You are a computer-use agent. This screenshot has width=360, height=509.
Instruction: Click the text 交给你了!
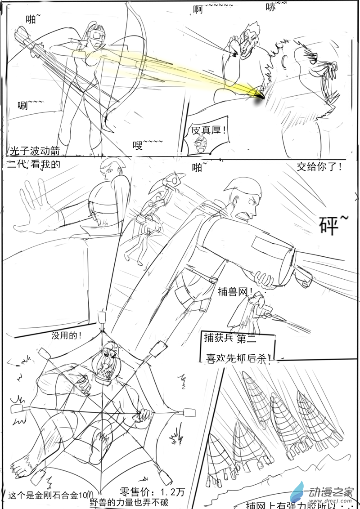coord(319,167)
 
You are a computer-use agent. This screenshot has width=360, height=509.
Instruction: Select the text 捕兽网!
coord(234,290)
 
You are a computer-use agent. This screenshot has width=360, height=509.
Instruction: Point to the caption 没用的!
coord(67,335)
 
